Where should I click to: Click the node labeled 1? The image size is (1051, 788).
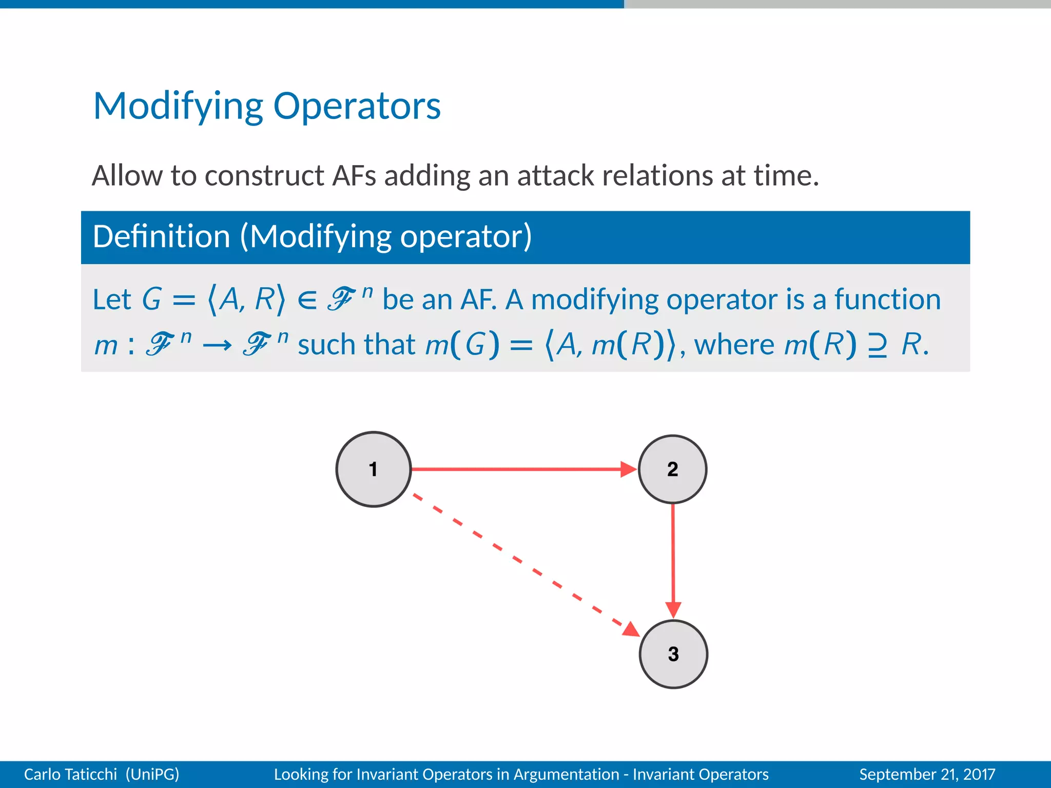(x=374, y=469)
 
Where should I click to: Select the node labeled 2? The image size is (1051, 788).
(x=672, y=469)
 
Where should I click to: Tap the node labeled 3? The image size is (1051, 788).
(x=673, y=654)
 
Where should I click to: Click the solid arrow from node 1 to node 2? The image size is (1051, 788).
(x=518, y=469)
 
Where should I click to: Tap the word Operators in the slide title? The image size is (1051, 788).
(x=357, y=106)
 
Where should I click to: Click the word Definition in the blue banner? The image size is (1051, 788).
(x=161, y=237)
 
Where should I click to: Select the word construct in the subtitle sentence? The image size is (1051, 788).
(x=264, y=175)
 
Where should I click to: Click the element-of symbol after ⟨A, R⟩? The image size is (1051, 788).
(x=307, y=300)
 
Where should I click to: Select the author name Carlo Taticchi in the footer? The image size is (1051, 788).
(x=70, y=774)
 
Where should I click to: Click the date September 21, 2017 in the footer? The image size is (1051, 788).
(x=927, y=774)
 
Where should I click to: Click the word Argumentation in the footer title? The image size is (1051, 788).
(x=566, y=774)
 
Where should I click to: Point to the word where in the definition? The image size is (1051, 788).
(x=734, y=344)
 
